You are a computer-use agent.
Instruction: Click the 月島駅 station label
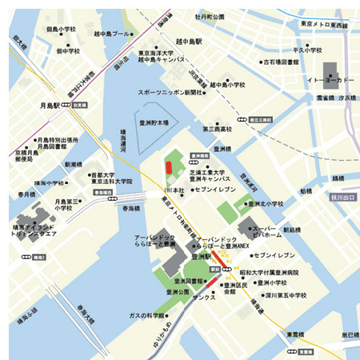pos(50,104)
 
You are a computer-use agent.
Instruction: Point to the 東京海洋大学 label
pos(160,53)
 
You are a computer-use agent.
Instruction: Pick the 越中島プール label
pos(110,34)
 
